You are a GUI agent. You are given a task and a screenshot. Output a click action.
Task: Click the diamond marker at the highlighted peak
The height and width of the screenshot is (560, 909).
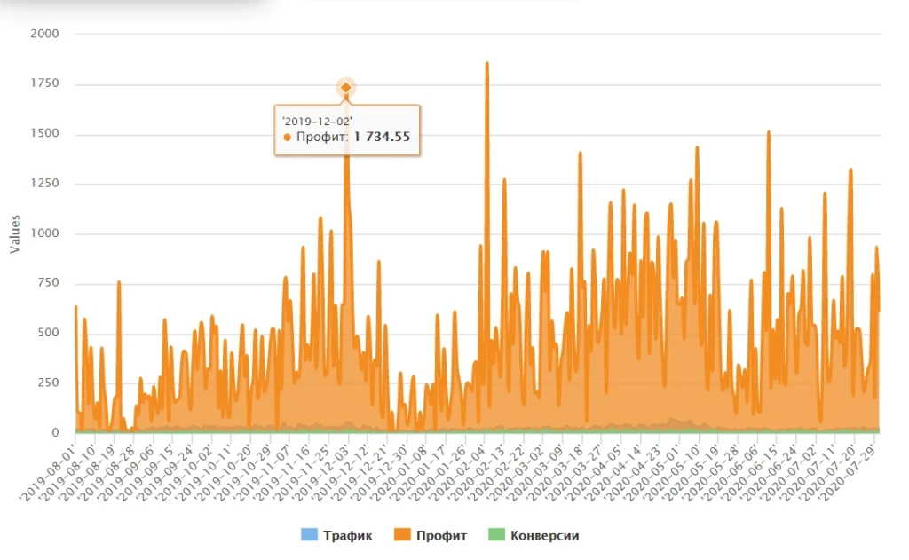345,88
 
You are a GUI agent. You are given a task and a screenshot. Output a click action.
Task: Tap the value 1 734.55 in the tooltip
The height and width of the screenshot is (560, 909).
382,137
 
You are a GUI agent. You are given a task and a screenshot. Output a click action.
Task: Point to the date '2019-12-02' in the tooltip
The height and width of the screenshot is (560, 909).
317,122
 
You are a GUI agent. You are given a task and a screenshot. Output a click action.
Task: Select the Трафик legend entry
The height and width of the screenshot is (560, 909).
336,535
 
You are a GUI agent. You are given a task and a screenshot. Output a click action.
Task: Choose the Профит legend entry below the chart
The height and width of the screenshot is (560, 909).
431,535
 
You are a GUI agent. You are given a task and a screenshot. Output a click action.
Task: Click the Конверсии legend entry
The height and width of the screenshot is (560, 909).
534,535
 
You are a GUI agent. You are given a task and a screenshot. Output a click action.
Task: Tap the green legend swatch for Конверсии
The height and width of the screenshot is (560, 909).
496,534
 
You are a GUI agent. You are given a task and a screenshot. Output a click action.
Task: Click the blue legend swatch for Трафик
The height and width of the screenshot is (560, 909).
310,534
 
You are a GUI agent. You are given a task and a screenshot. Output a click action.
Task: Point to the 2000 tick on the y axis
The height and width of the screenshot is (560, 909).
44,34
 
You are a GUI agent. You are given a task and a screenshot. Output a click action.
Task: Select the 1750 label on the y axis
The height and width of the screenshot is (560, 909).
44,83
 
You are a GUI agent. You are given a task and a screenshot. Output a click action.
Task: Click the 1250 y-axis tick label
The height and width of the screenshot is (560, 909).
44,183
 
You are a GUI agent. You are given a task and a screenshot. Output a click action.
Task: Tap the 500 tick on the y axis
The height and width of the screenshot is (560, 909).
48,333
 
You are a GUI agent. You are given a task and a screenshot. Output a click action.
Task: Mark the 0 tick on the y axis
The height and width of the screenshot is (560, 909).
56,432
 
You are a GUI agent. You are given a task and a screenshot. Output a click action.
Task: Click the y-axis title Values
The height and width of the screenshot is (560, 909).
15,233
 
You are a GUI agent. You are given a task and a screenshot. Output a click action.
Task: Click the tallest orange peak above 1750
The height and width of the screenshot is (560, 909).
487,63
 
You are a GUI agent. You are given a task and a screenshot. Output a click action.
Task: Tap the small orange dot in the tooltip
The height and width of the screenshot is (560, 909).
287,138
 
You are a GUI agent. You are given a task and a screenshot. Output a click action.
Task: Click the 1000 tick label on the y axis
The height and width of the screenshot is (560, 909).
44,233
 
